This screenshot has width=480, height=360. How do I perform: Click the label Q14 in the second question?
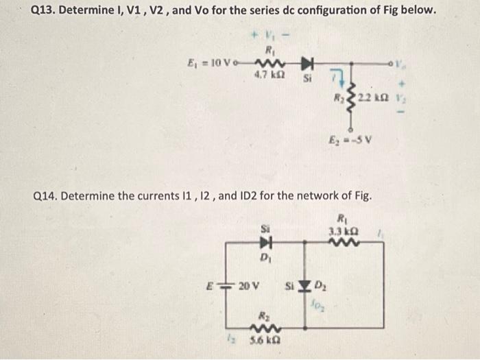pos(47,196)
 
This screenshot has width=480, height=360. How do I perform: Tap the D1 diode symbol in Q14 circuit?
pos(264,241)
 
